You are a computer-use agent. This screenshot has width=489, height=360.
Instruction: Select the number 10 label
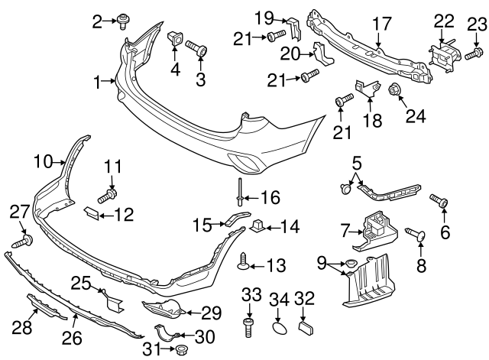pos(44,161)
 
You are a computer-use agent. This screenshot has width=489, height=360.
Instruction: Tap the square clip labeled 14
pos(258,225)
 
